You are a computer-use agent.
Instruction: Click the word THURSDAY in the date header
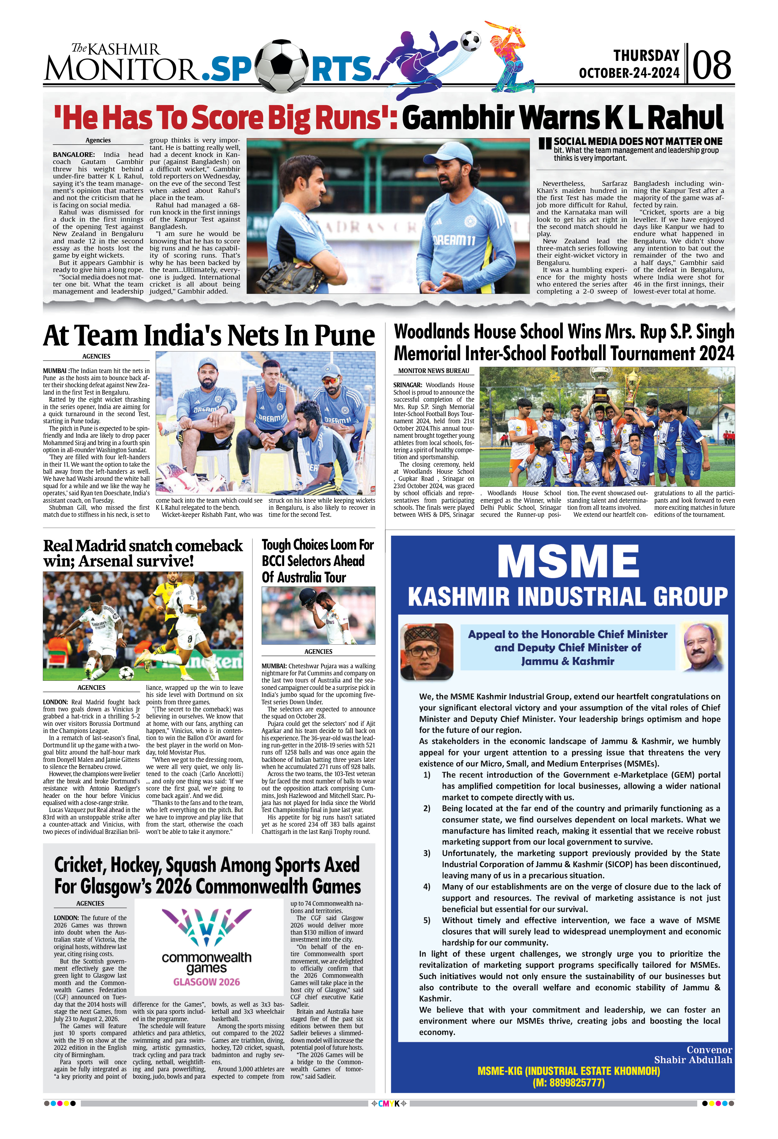(646, 55)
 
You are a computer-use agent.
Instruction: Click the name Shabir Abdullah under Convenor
(693, 1060)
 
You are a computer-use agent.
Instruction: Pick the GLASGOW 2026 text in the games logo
(206, 981)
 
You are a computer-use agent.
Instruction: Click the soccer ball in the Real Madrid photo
(126, 672)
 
